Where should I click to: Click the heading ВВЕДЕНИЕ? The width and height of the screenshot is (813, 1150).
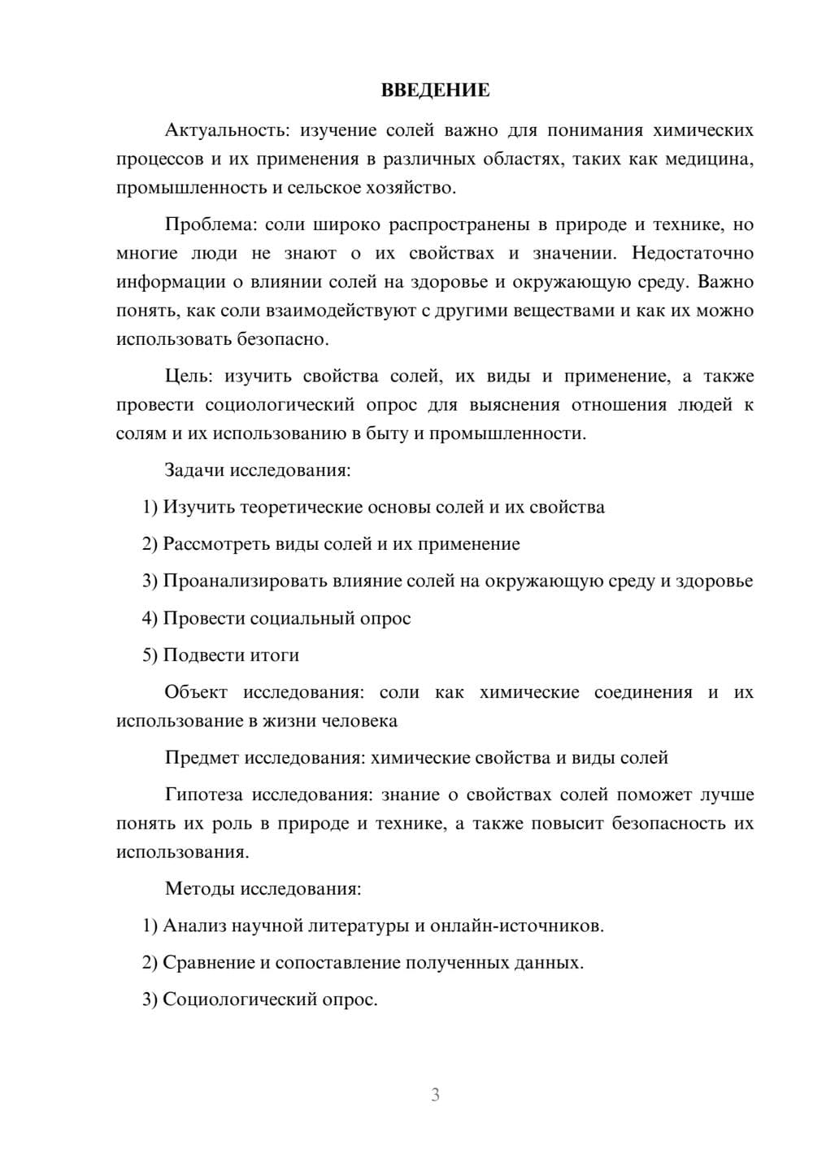tap(435, 90)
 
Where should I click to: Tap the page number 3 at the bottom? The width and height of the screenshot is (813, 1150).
tap(435, 1095)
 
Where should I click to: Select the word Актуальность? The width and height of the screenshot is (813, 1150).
tap(226, 130)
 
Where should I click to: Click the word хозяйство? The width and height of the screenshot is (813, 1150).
tap(414, 188)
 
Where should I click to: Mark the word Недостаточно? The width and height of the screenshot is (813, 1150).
tap(692, 253)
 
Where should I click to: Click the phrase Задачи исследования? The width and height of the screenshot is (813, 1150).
tap(258, 470)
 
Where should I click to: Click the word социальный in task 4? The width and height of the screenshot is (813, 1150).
tap(303, 618)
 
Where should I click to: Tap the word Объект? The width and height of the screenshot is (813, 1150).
tap(196, 692)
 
